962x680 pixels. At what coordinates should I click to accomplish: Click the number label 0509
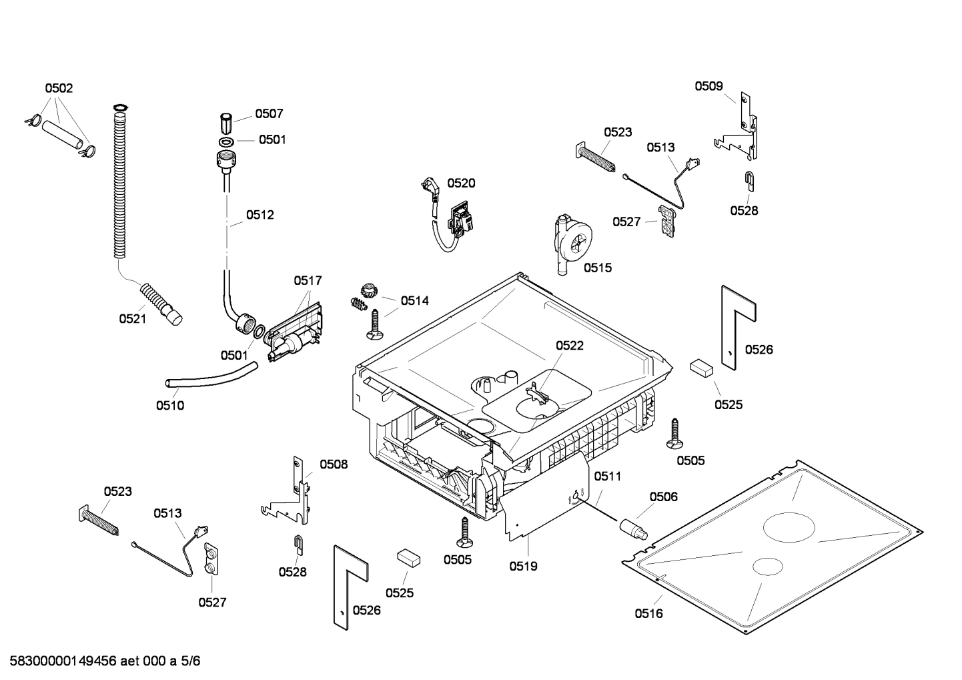coord(708,85)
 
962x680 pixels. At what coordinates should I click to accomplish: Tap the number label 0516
coord(648,613)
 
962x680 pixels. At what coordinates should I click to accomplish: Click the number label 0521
coord(132,319)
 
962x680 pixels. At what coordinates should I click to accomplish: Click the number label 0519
coord(523,566)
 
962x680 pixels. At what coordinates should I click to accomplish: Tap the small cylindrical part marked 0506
coord(634,527)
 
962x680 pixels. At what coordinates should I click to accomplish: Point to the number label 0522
coord(570,345)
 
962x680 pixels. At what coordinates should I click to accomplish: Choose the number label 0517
coord(308,281)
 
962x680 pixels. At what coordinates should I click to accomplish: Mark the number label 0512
coord(260,215)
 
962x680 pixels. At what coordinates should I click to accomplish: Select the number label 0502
coord(59,88)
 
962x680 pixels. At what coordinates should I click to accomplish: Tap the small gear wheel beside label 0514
coord(369,290)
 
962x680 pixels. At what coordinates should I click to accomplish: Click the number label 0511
coord(607,476)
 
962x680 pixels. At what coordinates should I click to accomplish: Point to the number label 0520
coord(461,183)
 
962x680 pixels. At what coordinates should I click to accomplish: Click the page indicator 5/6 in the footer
coord(191,661)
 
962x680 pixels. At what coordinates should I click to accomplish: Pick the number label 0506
coord(663,496)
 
